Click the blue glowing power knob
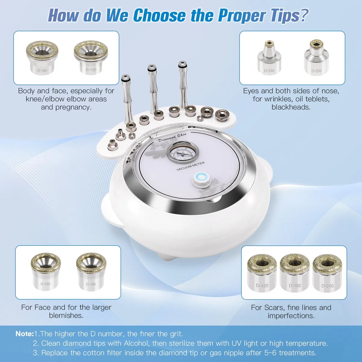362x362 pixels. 201,180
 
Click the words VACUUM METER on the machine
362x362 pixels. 190,166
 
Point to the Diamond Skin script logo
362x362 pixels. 172,137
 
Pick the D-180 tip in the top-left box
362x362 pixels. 42,58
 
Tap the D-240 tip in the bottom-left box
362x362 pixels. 46,272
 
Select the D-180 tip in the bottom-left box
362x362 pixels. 91,272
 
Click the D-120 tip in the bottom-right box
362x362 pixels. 262,274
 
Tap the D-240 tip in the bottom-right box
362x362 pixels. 327,274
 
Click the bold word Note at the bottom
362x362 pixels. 24,334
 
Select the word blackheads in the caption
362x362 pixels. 291,107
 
